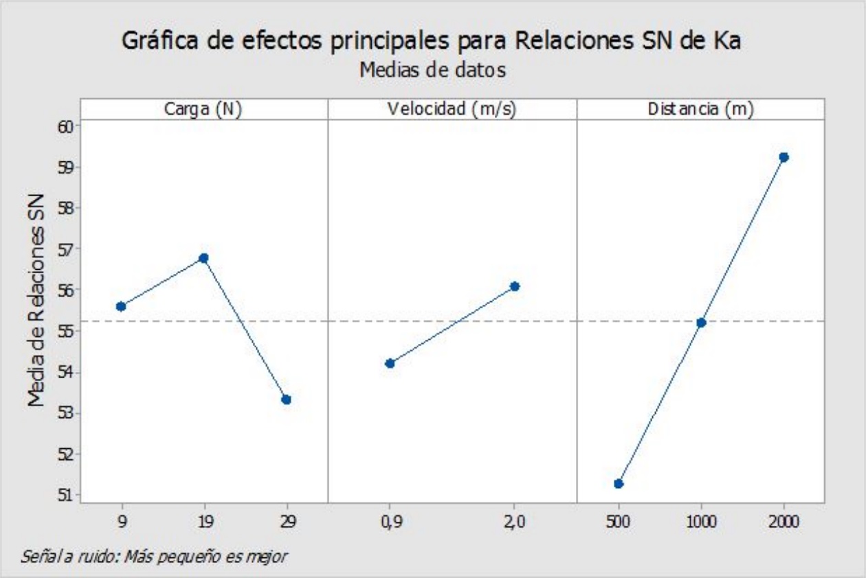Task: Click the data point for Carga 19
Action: tap(203, 258)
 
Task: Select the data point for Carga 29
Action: tap(287, 400)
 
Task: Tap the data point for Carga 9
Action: tap(121, 306)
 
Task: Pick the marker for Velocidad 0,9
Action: tap(390, 363)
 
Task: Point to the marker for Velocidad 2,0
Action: tap(515, 286)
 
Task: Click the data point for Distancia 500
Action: tap(619, 484)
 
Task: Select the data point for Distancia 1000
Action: tap(701, 323)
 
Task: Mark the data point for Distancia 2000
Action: tap(784, 157)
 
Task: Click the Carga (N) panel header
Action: tap(203, 110)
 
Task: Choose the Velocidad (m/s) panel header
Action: tap(452, 110)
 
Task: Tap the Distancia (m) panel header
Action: tap(701, 110)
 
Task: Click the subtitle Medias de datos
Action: tap(432, 69)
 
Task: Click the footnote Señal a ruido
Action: tap(153, 555)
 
